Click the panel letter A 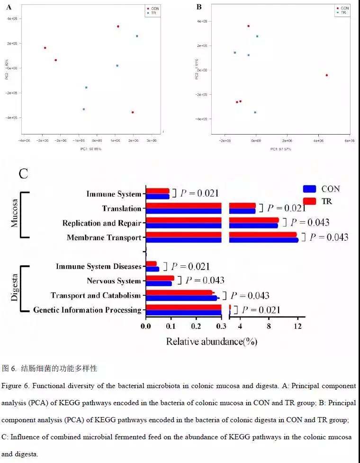(x=9, y=7)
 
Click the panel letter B (x=199, y=7)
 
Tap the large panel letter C (x=24, y=173)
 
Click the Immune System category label (x=114, y=194)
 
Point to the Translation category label (x=122, y=209)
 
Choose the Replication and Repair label (x=102, y=223)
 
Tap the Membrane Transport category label (x=104, y=237)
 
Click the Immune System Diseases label (x=99, y=266)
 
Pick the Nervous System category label (x=114, y=281)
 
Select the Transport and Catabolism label (x=96, y=296)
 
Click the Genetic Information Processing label (x=87, y=310)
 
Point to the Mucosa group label (x=15, y=214)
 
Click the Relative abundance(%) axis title (x=211, y=341)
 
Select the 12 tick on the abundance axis (x=297, y=326)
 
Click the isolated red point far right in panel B (x=326, y=75)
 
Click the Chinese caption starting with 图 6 (x=50, y=368)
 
